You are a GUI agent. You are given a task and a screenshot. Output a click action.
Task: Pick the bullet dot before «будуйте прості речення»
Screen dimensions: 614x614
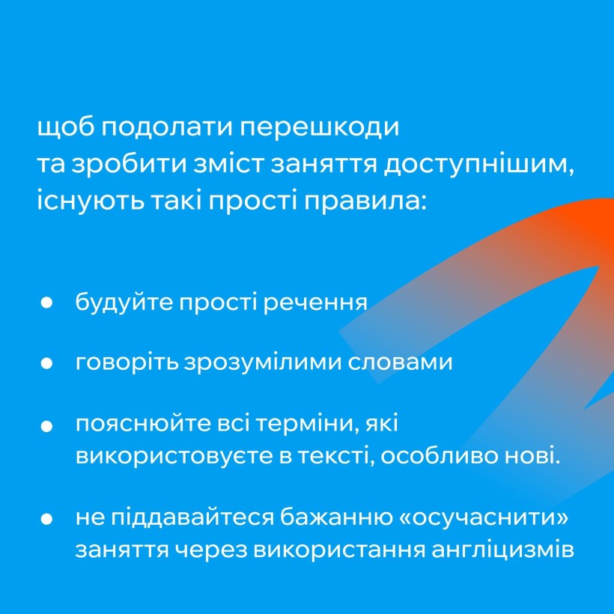(x=46, y=303)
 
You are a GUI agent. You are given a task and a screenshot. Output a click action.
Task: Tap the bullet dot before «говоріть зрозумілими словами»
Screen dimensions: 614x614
(x=46, y=363)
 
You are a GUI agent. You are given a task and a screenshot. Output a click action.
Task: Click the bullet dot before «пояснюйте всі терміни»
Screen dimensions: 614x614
(x=46, y=426)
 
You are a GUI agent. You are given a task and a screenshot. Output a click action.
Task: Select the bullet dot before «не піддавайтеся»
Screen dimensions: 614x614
(x=46, y=519)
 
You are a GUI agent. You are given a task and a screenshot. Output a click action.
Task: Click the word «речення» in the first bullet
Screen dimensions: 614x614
(x=315, y=303)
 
